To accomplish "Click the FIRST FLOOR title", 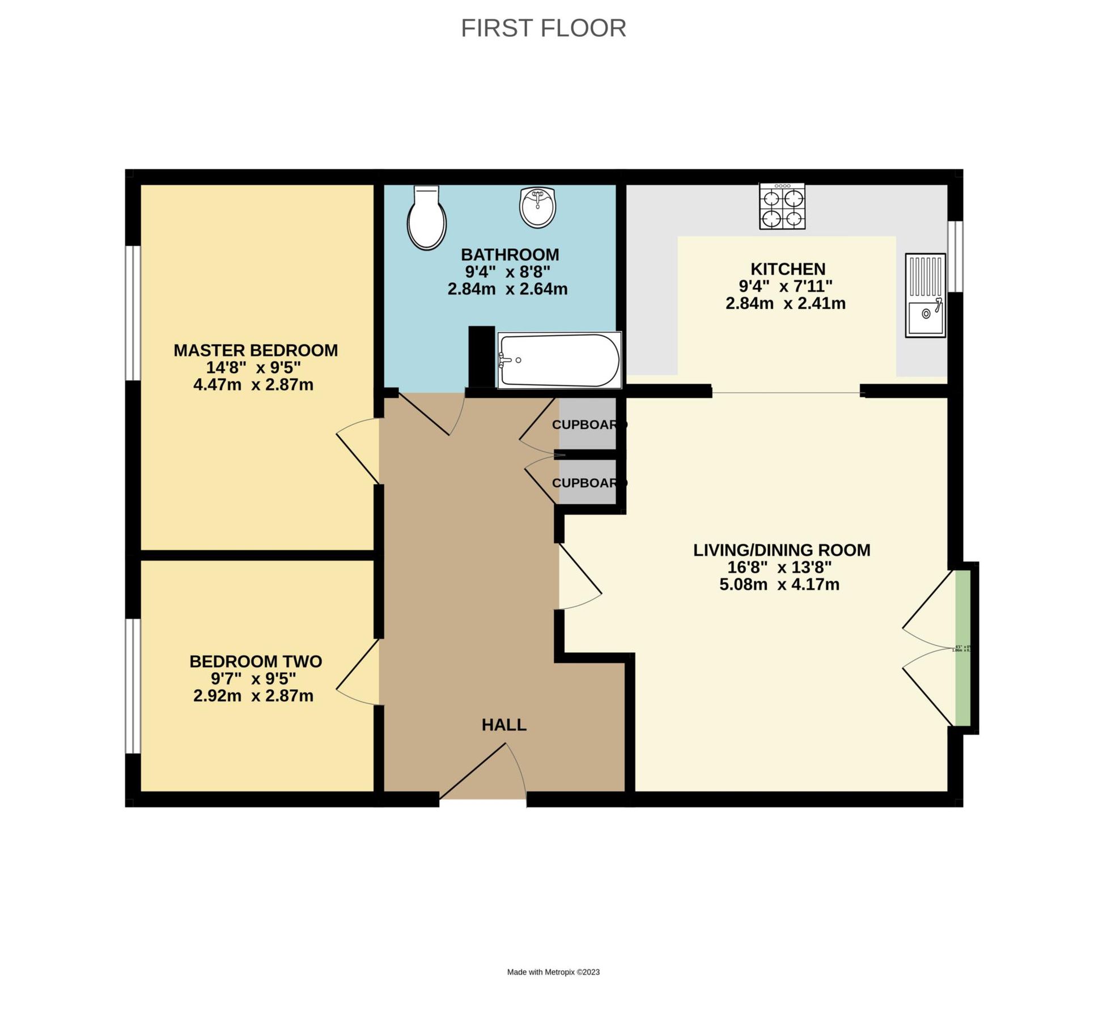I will pos(543,28).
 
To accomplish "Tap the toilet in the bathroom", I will pos(426,218).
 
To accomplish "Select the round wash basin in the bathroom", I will pos(537,207).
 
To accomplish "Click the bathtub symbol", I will pos(559,360).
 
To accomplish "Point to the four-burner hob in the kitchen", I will pos(782,206).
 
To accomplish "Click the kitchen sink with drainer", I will pos(925,295).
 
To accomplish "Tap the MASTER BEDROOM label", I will pos(255,350).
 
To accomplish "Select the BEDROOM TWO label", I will pos(255,661).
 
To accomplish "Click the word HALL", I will pos(504,725).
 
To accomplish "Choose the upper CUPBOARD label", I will pos(589,424).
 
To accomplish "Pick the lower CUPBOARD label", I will pos(589,483).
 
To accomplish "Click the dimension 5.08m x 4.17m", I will pos(779,585).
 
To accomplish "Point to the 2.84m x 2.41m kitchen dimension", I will pos(785,304).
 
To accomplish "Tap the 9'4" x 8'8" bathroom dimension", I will pos(507,272).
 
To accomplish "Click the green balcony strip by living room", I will pos(962,648).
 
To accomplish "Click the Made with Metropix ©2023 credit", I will pos(553,972).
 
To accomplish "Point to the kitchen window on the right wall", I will pos(955,256).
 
